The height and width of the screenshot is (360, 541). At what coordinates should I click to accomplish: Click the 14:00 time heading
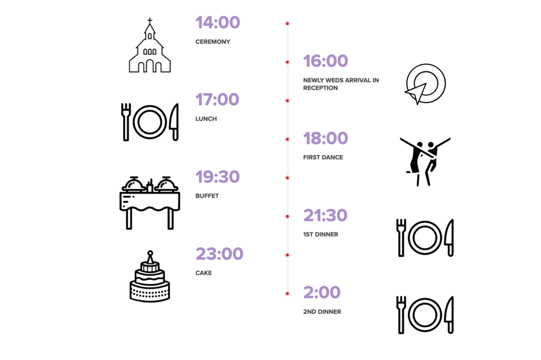tap(218, 22)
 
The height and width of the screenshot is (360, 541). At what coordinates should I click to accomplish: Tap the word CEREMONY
tap(212, 42)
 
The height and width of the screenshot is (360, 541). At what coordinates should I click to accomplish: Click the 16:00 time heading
tap(325, 61)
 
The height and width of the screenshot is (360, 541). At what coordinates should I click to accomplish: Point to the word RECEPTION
tap(320, 88)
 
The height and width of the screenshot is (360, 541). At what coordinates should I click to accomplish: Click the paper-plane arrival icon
tap(425, 84)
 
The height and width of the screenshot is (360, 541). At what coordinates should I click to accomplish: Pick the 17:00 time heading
tap(217, 100)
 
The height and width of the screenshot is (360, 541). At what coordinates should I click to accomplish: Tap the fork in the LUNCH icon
tap(126, 122)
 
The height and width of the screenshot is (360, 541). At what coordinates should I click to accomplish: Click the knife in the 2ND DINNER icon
tap(449, 315)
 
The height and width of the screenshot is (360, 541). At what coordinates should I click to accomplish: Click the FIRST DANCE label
tap(323, 157)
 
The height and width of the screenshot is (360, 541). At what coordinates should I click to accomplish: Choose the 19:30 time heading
tap(217, 177)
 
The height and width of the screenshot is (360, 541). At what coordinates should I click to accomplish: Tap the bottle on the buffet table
tap(150, 186)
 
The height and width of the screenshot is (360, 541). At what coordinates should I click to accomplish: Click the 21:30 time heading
tap(325, 215)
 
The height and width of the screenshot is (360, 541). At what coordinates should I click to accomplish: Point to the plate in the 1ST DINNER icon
tap(425, 238)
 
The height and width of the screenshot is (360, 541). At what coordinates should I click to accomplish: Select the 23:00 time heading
tap(219, 254)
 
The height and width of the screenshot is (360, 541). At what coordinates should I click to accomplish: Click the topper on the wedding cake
tap(150, 257)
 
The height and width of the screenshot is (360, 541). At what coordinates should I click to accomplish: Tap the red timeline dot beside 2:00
tap(287, 294)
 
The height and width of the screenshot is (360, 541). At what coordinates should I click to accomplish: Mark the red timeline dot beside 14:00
tap(287, 23)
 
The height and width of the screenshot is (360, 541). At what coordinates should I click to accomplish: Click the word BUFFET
tap(207, 196)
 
